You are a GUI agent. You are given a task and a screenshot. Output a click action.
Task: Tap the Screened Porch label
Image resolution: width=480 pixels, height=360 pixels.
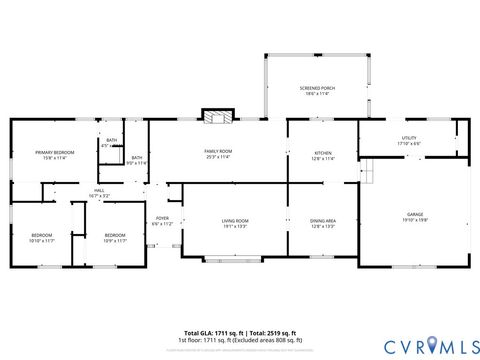[x=317, y=88]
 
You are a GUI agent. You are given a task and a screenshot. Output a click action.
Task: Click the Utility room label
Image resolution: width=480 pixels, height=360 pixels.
[x=408, y=138]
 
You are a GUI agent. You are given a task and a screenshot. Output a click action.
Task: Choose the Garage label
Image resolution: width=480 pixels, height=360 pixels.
[x=414, y=215]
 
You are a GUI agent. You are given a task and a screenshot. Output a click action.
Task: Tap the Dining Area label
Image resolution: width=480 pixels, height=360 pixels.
[x=322, y=220]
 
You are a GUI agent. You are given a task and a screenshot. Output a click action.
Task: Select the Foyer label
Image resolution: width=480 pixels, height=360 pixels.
[x=162, y=219]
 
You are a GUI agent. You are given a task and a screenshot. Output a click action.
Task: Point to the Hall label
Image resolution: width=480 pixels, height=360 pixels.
[x=99, y=190]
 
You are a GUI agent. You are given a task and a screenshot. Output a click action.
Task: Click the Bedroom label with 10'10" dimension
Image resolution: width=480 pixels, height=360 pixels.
[x=42, y=235]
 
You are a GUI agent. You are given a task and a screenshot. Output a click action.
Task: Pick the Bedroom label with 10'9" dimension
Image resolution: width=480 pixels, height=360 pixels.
[x=115, y=235]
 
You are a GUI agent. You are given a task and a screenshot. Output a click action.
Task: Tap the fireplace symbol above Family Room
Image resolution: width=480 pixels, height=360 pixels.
[x=215, y=117]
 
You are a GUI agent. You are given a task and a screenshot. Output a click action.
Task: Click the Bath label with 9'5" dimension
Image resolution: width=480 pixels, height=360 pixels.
[x=136, y=157]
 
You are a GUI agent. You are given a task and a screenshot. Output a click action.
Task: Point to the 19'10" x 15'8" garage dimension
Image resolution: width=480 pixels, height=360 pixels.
[x=414, y=221]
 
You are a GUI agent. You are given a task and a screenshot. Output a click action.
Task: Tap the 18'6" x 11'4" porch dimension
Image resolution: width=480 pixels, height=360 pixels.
[x=317, y=94]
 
